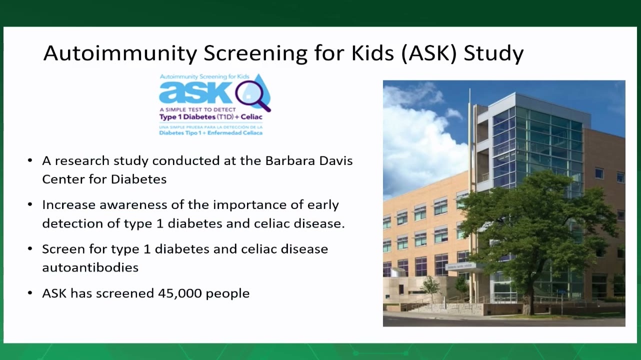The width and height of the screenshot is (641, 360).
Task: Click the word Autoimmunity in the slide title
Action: [120, 53]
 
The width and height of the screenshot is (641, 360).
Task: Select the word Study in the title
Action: [493, 53]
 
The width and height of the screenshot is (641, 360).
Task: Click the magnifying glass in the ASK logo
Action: [252, 95]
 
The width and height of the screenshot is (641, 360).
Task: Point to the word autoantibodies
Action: [90, 267]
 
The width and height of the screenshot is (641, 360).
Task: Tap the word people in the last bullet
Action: [227, 294]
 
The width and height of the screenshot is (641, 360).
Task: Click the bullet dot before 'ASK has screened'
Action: [30, 293]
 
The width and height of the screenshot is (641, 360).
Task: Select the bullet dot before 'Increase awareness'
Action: [30, 204]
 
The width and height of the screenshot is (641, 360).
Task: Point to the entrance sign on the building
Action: [460, 266]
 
